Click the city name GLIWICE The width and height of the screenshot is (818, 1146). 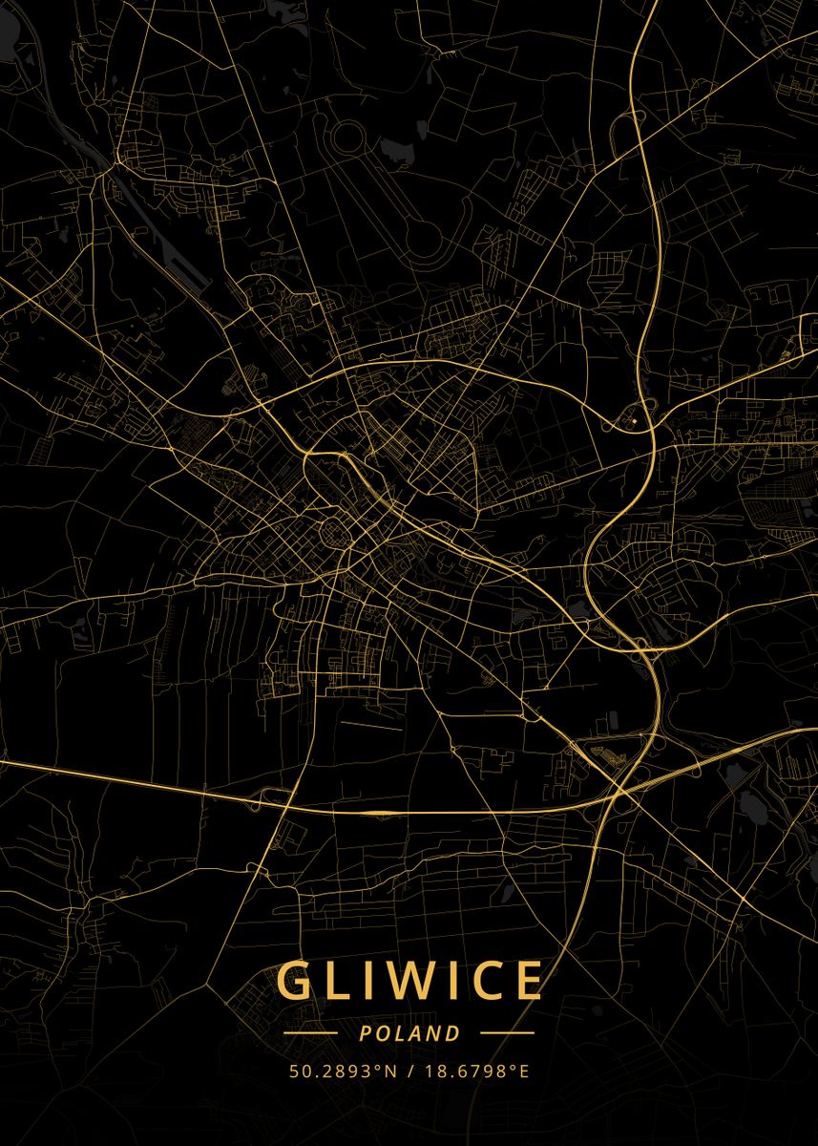(x=409, y=981)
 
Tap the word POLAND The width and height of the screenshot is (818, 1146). (x=409, y=1033)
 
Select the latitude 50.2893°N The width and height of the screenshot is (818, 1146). (x=343, y=1071)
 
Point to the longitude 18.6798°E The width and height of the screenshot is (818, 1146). (x=475, y=1071)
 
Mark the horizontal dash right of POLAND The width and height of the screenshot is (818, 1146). (x=507, y=1033)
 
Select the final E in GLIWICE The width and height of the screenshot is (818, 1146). (x=528, y=981)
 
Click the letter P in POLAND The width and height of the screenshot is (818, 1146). (x=366, y=1033)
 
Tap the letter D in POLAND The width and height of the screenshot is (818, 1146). (x=453, y=1033)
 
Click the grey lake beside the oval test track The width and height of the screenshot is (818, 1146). (x=394, y=150)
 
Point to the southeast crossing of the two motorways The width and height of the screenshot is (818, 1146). (x=625, y=788)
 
